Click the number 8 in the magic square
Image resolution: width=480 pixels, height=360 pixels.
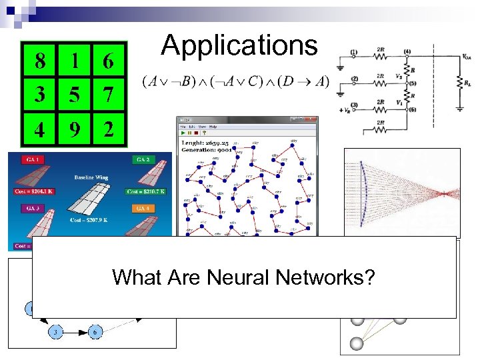(41, 61)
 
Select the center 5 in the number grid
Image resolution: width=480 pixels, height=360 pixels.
(75, 94)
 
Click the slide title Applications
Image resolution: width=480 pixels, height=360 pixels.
(239, 45)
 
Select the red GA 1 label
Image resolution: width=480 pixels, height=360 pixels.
(33, 159)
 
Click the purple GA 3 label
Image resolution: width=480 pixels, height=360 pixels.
(33, 208)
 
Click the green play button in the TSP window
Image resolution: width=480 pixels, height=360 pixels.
(183, 134)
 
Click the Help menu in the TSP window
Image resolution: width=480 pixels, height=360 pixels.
(213, 127)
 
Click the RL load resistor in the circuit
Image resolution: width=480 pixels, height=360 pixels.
(459, 82)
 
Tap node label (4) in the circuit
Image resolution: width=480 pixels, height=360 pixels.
(407, 52)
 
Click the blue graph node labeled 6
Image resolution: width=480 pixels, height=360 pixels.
(96, 331)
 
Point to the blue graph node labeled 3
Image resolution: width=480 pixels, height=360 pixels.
(55, 331)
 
